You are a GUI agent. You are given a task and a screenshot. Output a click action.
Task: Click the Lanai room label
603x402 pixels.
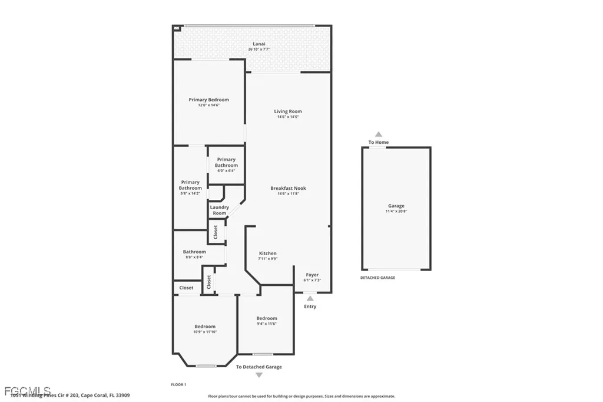259,44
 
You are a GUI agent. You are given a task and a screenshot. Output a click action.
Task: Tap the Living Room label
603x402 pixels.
288,111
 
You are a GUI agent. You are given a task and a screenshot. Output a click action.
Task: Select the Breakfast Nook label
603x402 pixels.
288,188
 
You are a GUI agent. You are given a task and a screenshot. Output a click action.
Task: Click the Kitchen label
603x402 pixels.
267,253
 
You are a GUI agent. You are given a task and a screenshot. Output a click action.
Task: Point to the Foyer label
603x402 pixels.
312,275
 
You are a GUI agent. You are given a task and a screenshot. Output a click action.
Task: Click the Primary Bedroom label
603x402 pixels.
208,100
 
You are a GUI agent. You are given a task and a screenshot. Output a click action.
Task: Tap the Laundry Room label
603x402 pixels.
219,210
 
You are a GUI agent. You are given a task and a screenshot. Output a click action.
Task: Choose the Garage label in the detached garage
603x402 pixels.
396,206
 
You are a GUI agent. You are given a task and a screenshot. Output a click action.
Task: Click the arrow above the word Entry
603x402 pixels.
310,299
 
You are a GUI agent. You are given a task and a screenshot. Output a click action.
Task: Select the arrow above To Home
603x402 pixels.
379,134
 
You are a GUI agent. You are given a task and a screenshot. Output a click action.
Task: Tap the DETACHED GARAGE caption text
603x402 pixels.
377,278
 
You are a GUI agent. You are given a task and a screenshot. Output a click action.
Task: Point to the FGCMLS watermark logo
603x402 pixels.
26,391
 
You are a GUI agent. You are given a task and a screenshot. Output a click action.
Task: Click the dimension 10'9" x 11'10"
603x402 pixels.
206,332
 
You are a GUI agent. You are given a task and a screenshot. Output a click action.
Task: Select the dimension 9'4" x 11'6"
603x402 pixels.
266,324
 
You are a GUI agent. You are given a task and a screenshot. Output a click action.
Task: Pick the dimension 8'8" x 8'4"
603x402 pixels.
194,257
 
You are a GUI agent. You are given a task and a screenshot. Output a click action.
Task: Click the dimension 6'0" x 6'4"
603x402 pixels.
226,171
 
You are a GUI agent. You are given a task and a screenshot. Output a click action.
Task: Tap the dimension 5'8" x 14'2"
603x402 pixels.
190,193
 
